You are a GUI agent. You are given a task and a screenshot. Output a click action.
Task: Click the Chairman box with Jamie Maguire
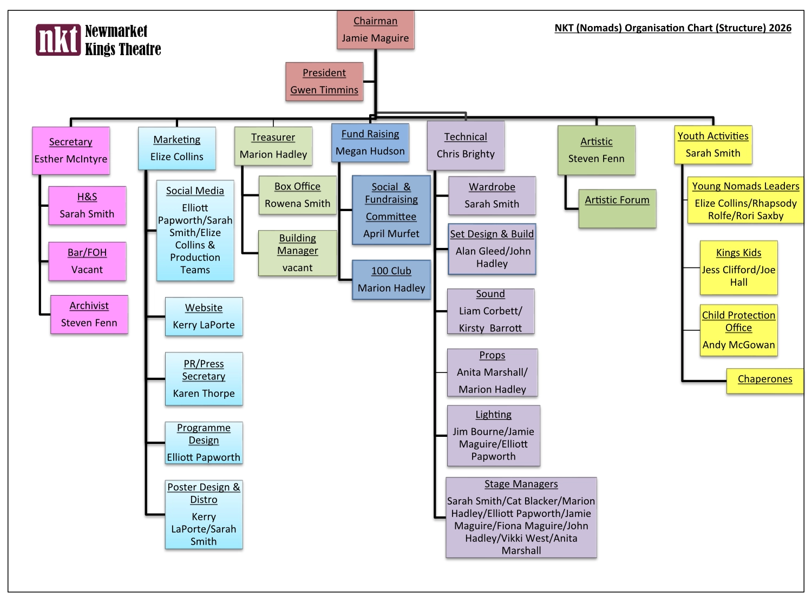(375, 30)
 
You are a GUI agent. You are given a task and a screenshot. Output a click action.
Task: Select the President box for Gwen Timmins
(324, 81)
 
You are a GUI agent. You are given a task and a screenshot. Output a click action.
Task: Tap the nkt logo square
(58, 40)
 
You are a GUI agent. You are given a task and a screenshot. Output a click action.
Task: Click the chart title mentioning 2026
(673, 28)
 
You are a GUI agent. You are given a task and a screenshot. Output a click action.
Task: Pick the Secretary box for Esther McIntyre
(71, 150)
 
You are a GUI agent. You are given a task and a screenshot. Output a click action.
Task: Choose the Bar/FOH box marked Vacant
(87, 261)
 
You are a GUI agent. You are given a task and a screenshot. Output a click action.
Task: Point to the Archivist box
(89, 314)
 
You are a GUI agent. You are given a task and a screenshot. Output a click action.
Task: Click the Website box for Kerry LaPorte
(204, 316)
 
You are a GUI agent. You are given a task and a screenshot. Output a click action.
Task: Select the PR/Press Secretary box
(204, 378)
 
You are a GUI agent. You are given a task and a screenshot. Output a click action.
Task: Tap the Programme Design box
(204, 442)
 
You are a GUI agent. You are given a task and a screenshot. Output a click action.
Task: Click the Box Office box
(297, 195)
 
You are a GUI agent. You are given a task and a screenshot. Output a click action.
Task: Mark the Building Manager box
(297, 253)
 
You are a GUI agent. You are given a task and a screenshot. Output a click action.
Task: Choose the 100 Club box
(391, 279)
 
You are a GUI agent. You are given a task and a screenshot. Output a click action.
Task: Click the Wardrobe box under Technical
(492, 195)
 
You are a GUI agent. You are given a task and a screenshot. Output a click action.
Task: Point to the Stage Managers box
(521, 517)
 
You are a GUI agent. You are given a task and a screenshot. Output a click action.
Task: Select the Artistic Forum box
(617, 208)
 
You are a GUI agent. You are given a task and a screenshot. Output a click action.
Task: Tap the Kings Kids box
(738, 267)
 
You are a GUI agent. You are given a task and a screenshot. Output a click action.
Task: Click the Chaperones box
(764, 379)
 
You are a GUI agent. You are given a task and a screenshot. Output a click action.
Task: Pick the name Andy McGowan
(738, 345)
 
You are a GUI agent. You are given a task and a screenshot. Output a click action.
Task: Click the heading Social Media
(195, 191)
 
